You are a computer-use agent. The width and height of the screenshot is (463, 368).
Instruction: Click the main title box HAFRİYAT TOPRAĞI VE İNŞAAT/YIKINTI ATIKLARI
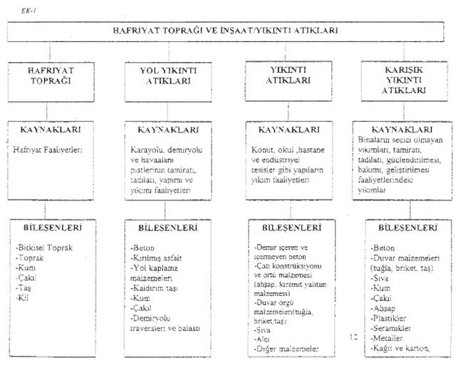click(x=231, y=31)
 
